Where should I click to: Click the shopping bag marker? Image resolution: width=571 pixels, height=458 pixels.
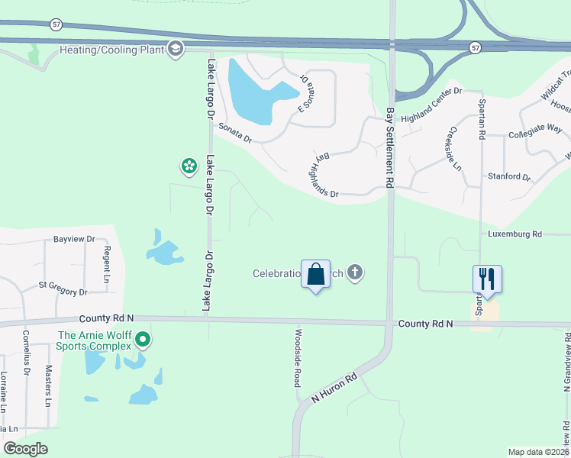pos(316,274)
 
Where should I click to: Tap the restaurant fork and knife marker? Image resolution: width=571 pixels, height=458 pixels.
pos(486,279)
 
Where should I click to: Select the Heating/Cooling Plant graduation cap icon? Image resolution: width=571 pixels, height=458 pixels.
pos(176,50)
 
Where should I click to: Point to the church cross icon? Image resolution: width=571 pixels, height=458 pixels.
pos(354,273)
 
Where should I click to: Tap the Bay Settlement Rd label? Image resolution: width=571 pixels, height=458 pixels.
pos(389,148)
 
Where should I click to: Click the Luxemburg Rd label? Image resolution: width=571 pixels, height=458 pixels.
pos(515,234)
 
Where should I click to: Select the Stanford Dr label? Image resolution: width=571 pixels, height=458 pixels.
pos(508,177)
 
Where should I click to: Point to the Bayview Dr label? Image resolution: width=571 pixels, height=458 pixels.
pos(73,239)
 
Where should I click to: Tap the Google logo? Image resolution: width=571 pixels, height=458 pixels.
pos(25,449)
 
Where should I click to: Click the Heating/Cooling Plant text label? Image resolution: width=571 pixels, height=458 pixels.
pos(111,50)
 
